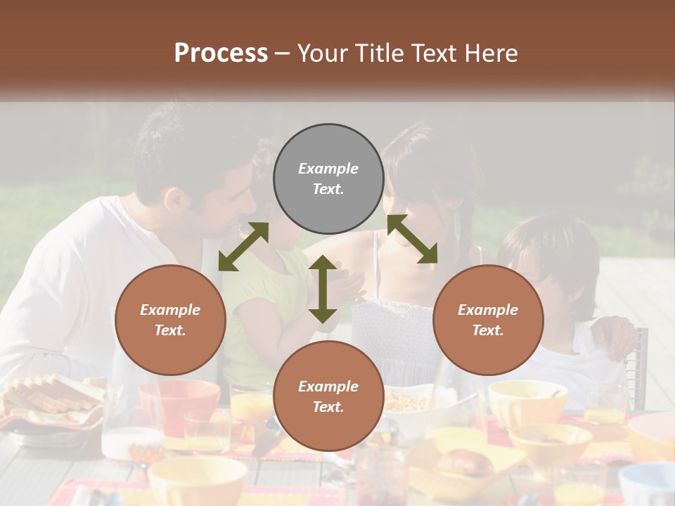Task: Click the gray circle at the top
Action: tap(328, 179)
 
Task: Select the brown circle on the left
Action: tap(170, 320)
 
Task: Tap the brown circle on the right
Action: tap(488, 320)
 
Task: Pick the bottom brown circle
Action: tap(328, 396)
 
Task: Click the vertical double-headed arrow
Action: tap(323, 289)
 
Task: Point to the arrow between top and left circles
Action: tap(243, 246)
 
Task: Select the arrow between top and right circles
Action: tap(412, 239)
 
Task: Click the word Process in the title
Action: tap(221, 53)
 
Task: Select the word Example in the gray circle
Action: tap(328, 169)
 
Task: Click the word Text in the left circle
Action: tap(170, 330)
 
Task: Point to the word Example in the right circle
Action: tap(488, 310)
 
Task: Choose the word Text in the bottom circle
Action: tap(328, 407)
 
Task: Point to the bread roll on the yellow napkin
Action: tap(464, 462)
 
